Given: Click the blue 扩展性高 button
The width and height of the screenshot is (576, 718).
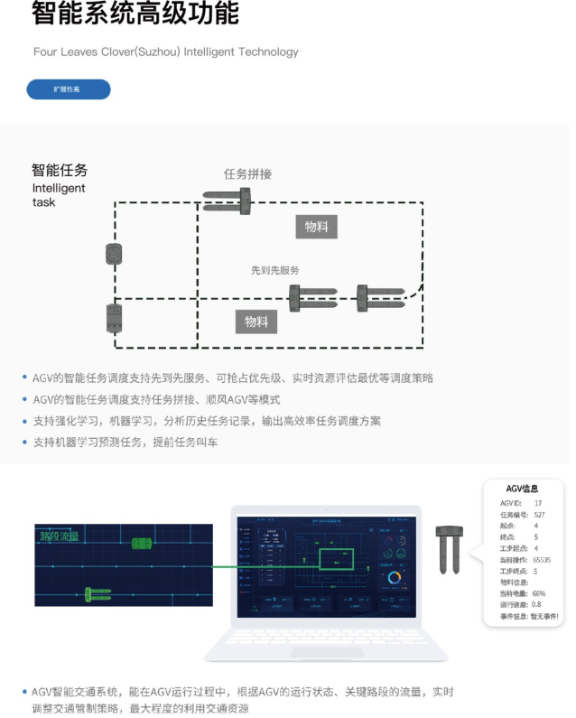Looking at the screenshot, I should click(x=68, y=89).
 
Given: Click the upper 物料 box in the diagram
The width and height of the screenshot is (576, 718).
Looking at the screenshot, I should click(x=316, y=227).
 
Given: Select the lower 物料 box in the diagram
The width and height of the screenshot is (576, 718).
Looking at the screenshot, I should click(x=256, y=322).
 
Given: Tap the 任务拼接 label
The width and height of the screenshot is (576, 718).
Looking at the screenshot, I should click(x=247, y=174).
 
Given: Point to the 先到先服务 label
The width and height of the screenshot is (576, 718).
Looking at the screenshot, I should click(x=275, y=270).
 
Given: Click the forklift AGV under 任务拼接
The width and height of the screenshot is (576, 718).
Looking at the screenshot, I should click(x=227, y=201).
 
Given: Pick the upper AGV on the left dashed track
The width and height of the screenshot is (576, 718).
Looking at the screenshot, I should click(x=114, y=254).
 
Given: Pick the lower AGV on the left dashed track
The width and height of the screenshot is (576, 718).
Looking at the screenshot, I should click(x=114, y=318).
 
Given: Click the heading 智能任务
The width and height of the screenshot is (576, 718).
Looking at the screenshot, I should click(x=60, y=169).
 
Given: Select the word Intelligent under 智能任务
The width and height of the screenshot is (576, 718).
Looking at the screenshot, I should click(x=59, y=189).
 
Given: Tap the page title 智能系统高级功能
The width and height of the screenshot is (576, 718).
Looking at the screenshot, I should click(x=135, y=14).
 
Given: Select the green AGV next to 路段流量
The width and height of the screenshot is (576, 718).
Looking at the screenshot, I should click(x=142, y=543).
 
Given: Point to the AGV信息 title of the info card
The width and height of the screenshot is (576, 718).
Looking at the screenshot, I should click(x=522, y=489).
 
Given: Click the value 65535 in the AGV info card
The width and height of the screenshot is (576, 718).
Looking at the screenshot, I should click(x=542, y=560).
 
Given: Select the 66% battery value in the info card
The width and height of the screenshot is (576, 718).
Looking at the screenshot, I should click(x=539, y=593).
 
